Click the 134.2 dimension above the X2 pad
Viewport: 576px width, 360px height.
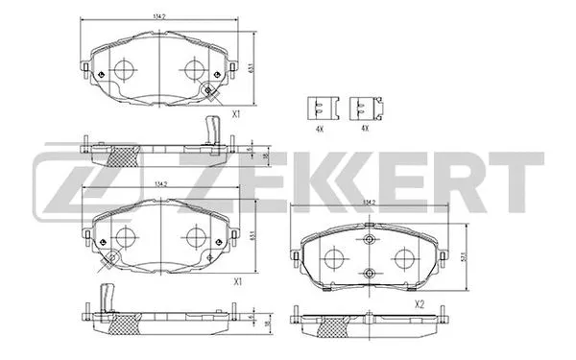tap(370, 203)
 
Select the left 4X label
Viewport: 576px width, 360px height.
tap(320, 128)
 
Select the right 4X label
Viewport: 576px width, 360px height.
tap(364, 128)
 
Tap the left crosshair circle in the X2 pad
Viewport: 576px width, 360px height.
tap(334, 258)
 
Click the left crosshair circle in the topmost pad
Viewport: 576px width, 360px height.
tap(123, 69)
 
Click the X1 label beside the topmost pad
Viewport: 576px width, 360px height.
tap(236, 114)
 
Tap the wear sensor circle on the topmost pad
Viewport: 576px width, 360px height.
tap(207, 89)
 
